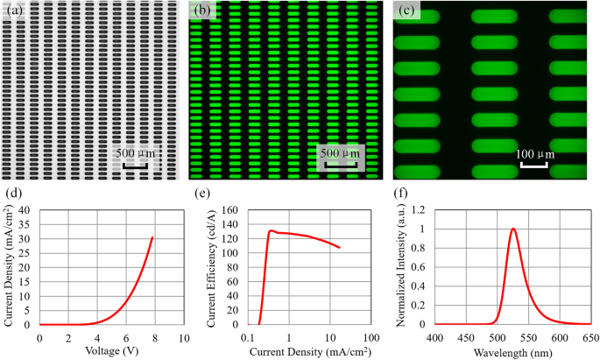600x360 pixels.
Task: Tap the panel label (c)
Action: coord(406,11)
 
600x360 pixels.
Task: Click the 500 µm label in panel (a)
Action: coord(138,153)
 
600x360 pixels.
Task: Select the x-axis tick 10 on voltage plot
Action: coord(183,336)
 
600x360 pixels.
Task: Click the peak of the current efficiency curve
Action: coord(272,231)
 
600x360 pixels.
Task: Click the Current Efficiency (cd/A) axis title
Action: coord(214,267)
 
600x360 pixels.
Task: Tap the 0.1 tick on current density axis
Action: coord(249,336)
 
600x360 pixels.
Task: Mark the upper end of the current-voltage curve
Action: coord(152,237)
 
